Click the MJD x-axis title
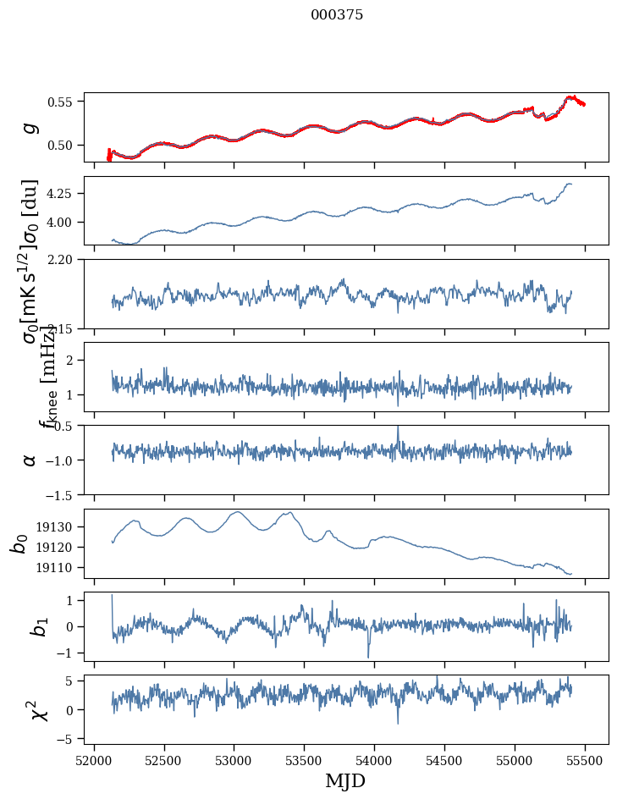(x=345, y=780)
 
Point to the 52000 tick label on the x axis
(x=94, y=758)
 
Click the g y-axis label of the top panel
(x=30, y=127)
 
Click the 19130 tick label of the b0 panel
(x=58, y=526)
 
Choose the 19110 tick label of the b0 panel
(x=58, y=567)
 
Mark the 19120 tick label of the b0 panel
(x=58, y=547)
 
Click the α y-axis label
(x=30, y=460)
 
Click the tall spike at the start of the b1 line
(x=112, y=596)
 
